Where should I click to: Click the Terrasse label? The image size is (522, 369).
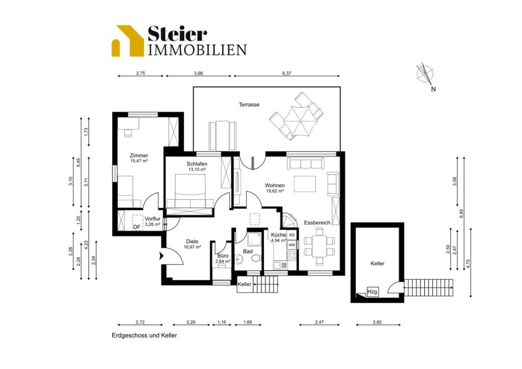(249, 104)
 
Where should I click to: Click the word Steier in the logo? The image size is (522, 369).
(177, 34)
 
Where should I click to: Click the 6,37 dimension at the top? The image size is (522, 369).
(286, 73)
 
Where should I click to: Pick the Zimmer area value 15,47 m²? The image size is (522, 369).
(139, 161)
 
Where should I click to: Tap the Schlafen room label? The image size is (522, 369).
(197, 164)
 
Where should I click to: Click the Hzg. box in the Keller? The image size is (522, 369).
(373, 292)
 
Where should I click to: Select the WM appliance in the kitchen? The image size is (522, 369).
(292, 245)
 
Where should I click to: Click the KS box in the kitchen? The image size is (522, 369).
(292, 235)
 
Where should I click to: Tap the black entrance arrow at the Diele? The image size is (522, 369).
(162, 255)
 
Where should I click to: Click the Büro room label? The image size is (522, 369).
(223, 256)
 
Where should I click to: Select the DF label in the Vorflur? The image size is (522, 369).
(137, 227)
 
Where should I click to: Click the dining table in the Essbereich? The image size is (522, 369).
(319, 246)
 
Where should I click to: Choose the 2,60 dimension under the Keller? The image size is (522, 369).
(377, 322)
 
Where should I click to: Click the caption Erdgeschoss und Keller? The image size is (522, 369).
(144, 335)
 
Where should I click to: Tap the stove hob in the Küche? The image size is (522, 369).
(292, 255)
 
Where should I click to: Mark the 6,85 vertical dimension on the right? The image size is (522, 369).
(461, 213)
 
